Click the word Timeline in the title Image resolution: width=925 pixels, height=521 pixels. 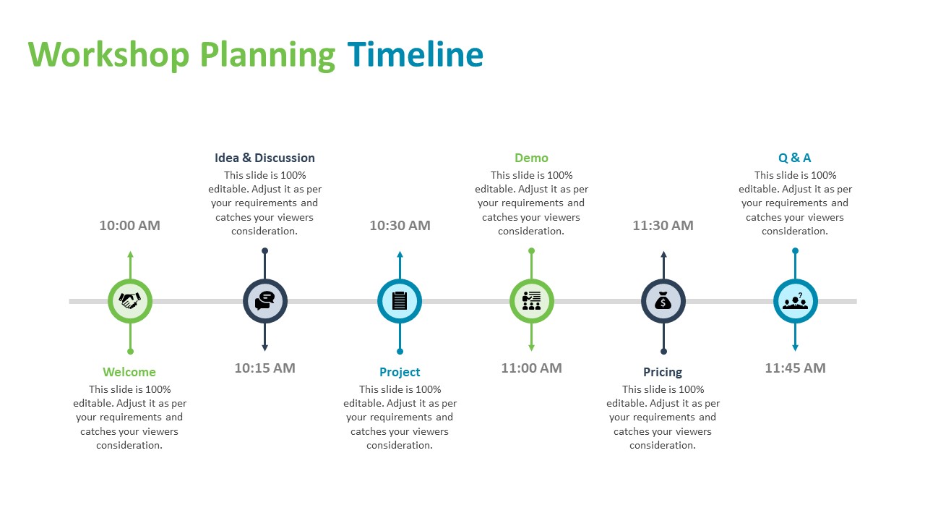[x=416, y=54]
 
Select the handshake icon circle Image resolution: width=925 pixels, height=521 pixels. [x=130, y=301]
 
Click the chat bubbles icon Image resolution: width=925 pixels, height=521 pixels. [x=264, y=300]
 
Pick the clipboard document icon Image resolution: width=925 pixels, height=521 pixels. [x=400, y=300]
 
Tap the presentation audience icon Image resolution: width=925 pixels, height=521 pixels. [x=531, y=300]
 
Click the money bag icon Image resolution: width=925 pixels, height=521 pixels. [x=663, y=300]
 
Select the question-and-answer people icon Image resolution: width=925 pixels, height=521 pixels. [x=796, y=301]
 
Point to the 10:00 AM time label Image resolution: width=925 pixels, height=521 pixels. [x=129, y=225]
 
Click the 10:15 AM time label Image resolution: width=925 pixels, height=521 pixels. [x=264, y=368]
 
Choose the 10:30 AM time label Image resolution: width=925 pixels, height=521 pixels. [x=400, y=225]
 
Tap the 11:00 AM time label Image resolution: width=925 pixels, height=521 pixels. [x=531, y=368]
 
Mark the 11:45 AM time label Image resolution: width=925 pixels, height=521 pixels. [x=796, y=368]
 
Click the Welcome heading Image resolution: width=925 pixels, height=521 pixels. [x=129, y=372]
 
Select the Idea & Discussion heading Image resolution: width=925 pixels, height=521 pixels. [x=264, y=158]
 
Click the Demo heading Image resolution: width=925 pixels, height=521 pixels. [x=531, y=158]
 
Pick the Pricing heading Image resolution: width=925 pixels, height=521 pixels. [x=663, y=372]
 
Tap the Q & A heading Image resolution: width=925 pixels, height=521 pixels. [x=794, y=158]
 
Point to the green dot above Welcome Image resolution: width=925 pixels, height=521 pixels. [x=131, y=352]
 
